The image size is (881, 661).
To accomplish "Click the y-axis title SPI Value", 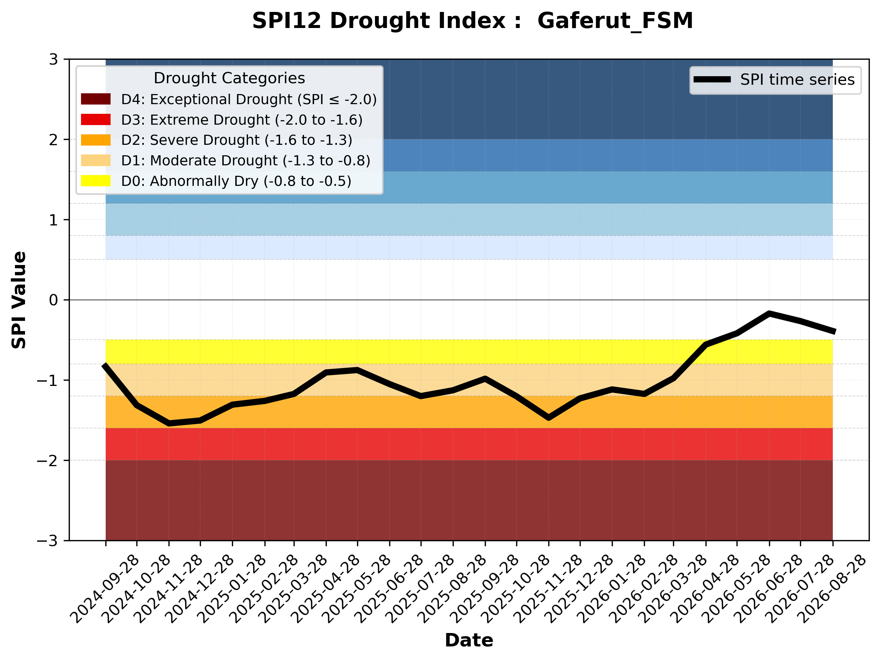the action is click(x=19, y=300).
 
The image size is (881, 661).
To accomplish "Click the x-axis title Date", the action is click(x=469, y=640).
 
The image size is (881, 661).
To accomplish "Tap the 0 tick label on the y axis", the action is click(x=53, y=300).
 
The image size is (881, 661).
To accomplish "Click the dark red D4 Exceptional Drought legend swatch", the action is click(x=96, y=99).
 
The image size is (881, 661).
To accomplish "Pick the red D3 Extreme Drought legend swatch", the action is click(x=96, y=119).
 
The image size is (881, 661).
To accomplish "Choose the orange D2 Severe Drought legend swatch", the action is click(x=96, y=140).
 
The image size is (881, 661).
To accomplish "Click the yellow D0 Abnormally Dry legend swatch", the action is click(x=96, y=181).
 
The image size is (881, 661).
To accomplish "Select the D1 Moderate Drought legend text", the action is click(x=246, y=160).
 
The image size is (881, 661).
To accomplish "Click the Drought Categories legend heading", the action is click(x=229, y=78).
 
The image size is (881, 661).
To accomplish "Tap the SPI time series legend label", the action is click(x=797, y=79).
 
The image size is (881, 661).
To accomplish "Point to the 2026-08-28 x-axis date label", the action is click(x=832, y=589).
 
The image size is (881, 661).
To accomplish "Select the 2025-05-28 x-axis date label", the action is click(x=357, y=589).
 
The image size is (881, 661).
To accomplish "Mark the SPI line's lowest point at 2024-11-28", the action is click(x=169, y=423).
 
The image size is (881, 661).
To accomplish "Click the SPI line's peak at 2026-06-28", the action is click(x=769, y=313).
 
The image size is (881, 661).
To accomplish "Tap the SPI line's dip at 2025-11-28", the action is click(x=549, y=418).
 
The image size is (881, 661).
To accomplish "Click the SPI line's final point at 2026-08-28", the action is click(x=832, y=331).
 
